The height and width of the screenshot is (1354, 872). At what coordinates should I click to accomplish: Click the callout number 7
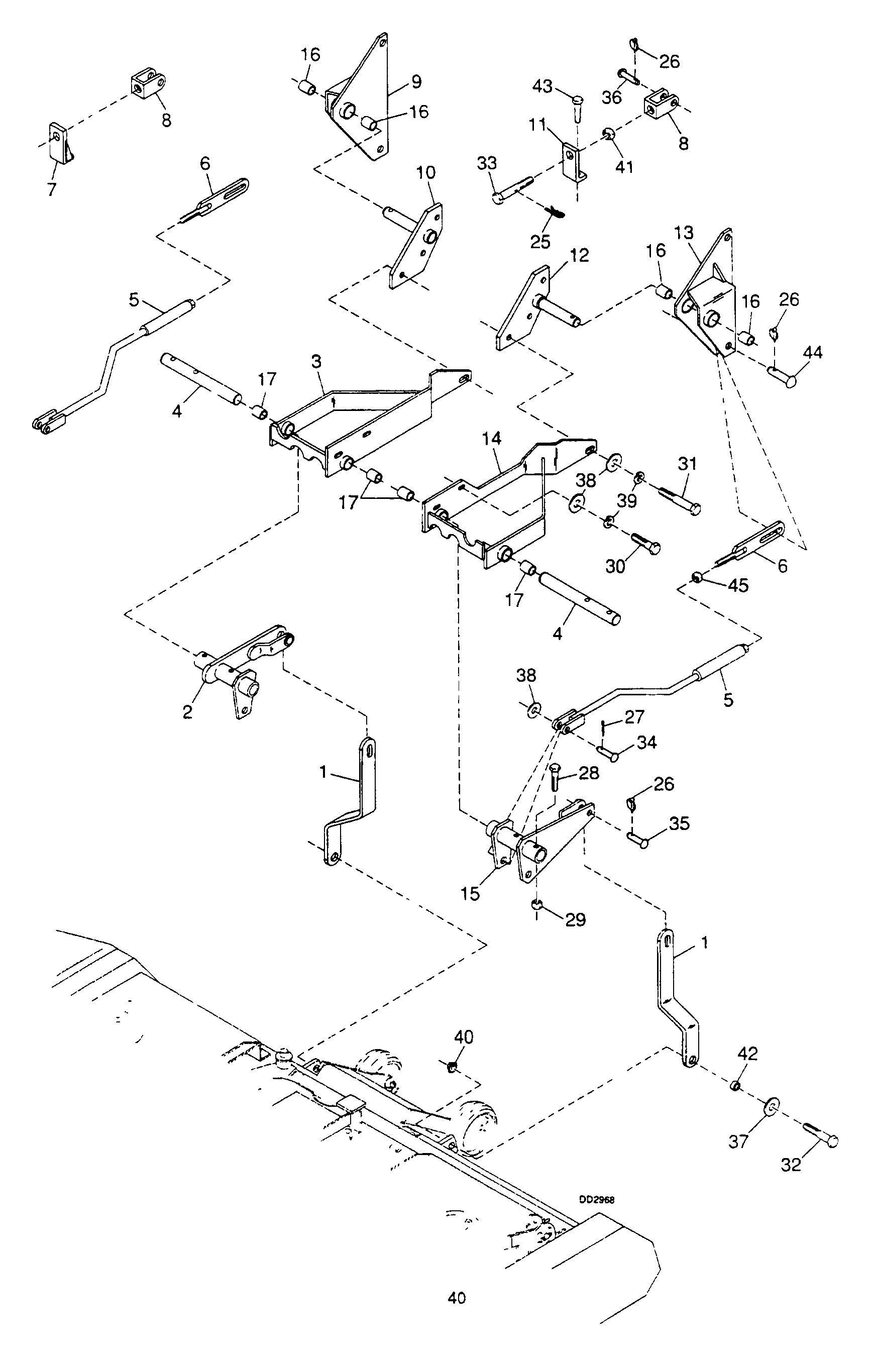pyautogui.click(x=52, y=189)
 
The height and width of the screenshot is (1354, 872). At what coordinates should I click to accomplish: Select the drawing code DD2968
pyautogui.click(x=596, y=1199)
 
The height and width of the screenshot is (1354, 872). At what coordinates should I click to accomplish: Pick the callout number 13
pyautogui.click(x=684, y=233)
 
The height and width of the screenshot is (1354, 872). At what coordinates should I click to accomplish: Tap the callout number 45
pyautogui.click(x=738, y=585)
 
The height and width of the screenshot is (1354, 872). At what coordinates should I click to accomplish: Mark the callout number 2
pyautogui.click(x=187, y=712)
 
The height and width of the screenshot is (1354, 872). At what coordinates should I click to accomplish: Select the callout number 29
pyautogui.click(x=575, y=919)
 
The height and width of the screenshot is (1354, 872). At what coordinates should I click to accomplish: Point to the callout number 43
pyautogui.click(x=542, y=86)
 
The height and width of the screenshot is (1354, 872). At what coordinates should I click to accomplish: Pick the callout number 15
pyautogui.click(x=470, y=894)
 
